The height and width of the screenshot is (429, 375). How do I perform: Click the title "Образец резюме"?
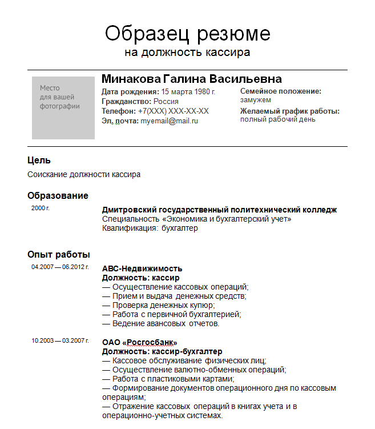(x=187, y=33)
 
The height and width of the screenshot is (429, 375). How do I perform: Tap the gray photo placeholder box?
(x=63, y=108)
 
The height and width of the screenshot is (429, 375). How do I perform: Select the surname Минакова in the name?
(x=131, y=79)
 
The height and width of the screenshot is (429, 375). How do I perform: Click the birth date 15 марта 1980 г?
(x=188, y=91)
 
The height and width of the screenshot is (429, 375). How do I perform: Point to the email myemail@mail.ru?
(x=170, y=121)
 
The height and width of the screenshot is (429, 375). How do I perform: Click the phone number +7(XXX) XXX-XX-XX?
(x=174, y=111)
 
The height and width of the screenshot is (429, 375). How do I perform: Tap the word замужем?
(x=256, y=100)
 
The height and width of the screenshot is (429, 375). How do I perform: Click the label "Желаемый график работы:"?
(x=290, y=111)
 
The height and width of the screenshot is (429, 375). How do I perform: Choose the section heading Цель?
(x=39, y=161)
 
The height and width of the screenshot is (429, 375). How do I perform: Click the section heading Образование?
(x=58, y=196)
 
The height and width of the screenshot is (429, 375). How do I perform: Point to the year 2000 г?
(x=41, y=209)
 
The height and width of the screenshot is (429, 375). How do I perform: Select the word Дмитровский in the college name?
(x=128, y=210)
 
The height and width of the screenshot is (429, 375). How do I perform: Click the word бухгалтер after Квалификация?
(x=180, y=228)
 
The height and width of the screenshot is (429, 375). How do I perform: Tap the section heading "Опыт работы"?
(x=58, y=255)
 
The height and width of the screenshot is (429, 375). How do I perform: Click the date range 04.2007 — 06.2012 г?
(x=60, y=267)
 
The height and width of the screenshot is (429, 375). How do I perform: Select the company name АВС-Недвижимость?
(x=142, y=268)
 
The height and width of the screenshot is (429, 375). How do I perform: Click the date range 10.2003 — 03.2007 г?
(x=60, y=341)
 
